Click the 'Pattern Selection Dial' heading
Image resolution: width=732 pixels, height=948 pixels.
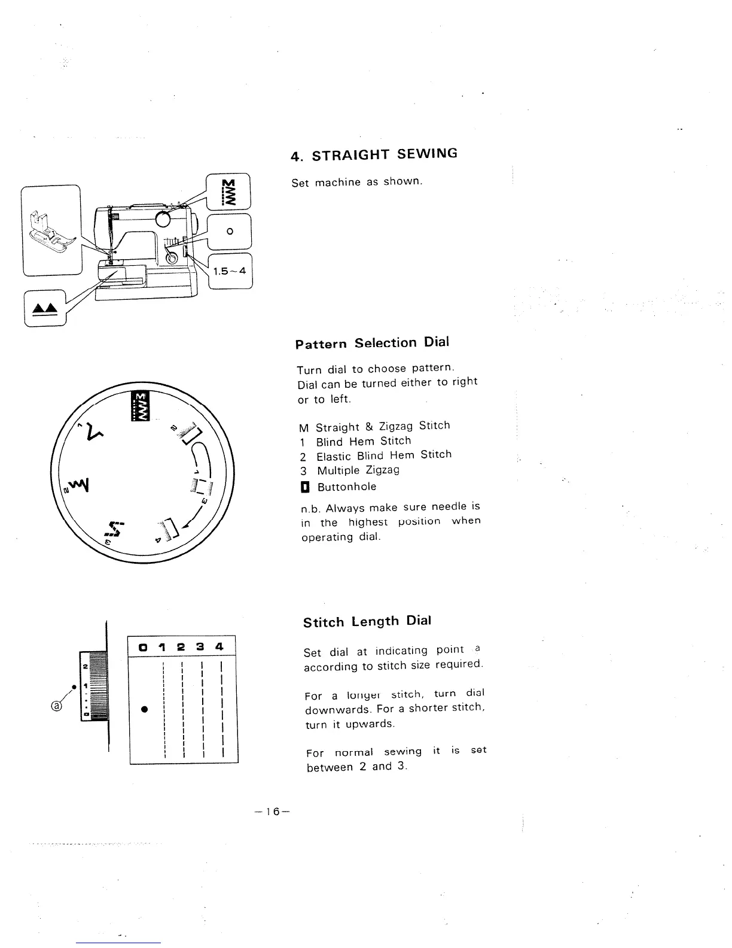coord(372,344)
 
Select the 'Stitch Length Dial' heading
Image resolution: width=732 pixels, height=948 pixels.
coord(367,621)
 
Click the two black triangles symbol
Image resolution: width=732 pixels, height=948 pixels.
coord(45,308)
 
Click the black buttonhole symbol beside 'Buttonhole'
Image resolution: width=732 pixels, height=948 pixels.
coord(304,487)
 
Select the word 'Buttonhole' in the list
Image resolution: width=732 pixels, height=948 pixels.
coord(347,487)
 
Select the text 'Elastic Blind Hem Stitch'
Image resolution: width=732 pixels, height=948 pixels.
coord(383,455)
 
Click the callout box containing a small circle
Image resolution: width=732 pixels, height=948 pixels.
coord(230,231)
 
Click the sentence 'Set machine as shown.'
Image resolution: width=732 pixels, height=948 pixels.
coord(356,181)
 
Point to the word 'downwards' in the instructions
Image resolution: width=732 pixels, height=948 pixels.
coord(332,709)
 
